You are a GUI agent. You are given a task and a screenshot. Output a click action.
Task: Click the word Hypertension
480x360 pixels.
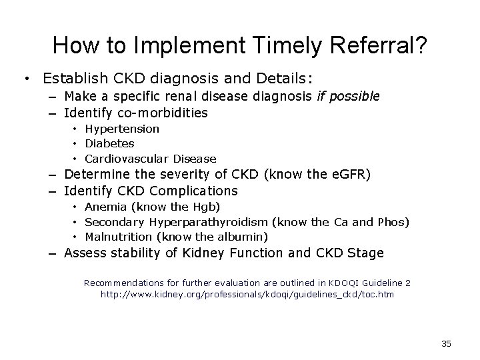click(122, 128)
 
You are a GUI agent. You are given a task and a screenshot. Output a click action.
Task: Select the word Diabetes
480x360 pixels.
click(110, 143)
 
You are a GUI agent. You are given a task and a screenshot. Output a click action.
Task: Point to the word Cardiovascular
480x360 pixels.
click(127, 159)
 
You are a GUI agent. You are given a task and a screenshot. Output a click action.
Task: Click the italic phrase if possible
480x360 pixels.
click(348, 97)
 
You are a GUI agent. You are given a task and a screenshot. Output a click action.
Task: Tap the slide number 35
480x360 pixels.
click(446, 343)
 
